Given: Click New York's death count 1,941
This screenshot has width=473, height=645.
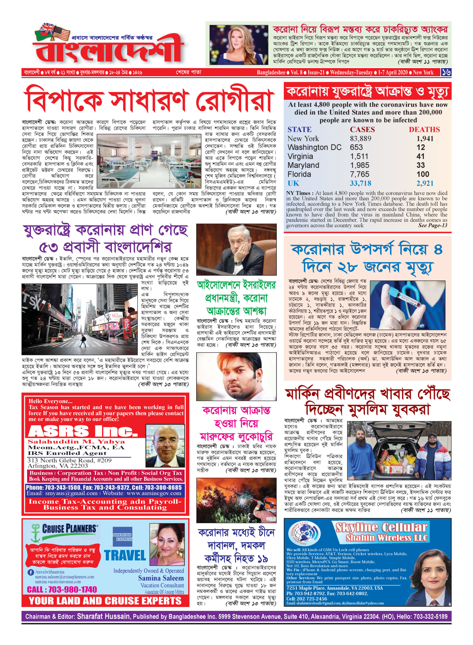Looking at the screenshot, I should click(425, 139).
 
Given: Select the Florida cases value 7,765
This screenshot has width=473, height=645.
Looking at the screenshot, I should click(359, 174).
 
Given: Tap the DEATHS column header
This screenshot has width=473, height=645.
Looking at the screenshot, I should click(424, 130).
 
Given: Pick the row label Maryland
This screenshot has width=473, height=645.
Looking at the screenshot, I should click(303, 166).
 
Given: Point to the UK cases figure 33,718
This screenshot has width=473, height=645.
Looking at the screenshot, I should click(360, 183).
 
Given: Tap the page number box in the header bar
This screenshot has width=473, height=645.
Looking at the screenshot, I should click(446, 72).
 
